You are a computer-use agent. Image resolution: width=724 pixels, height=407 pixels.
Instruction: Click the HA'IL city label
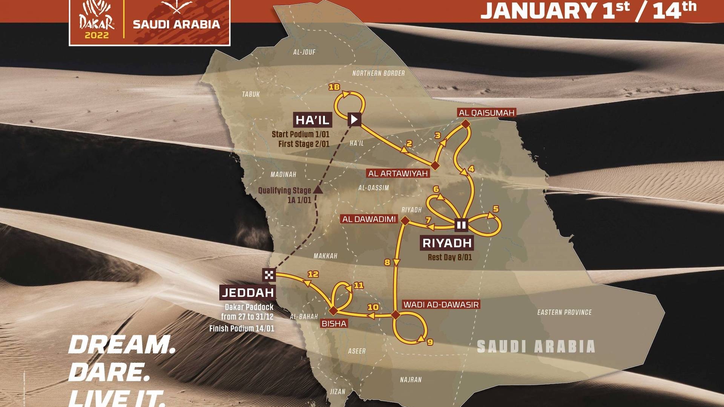point(313,120)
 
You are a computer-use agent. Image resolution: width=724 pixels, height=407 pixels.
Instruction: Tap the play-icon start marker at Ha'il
point(354,119)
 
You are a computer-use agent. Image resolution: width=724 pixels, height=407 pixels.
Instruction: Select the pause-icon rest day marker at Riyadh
point(461,225)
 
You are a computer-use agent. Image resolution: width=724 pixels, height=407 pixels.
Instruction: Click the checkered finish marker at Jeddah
point(269,275)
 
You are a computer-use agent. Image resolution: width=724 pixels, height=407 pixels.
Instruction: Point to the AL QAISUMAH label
point(486,113)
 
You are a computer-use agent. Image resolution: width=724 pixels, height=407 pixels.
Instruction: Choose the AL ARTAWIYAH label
point(398,173)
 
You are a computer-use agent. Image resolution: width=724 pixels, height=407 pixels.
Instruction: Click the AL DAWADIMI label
point(369,219)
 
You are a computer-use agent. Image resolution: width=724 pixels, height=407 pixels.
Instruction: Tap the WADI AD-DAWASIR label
point(441,304)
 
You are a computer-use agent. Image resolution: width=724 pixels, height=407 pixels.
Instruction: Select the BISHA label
point(334,323)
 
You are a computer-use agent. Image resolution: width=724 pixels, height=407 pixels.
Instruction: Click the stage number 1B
point(334,87)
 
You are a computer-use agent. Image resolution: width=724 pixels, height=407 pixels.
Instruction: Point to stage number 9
point(430,342)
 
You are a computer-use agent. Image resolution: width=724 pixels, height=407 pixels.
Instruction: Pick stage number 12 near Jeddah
point(313,274)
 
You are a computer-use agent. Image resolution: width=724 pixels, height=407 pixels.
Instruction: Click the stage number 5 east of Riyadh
point(495,209)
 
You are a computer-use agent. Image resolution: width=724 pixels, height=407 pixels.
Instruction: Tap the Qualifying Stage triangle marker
point(318,189)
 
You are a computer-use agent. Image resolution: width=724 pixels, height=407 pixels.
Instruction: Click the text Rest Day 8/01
point(449,257)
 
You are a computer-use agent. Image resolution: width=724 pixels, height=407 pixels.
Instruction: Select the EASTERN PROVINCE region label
point(564,312)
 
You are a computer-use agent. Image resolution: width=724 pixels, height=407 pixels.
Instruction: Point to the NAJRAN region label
point(411,379)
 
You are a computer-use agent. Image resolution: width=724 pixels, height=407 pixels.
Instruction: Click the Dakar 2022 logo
point(97,21)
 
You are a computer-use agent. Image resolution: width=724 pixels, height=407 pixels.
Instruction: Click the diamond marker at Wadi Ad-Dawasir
point(395,315)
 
